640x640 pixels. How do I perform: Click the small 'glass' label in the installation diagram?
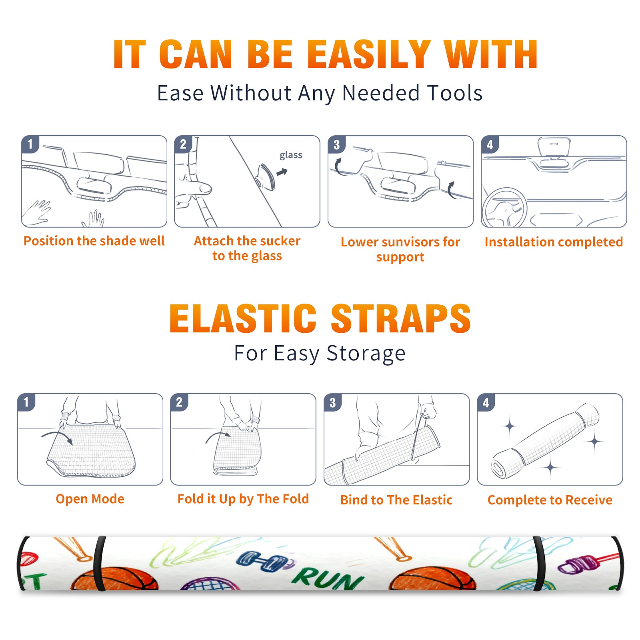pyautogui.click(x=291, y=155)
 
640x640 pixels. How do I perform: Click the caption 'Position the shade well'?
pyautogui.click(x=94, y=241)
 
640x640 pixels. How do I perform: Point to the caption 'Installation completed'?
pyautogui.click(x=554, y=242)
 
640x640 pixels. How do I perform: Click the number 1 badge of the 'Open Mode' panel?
pyautogui.click(x=26, y=402)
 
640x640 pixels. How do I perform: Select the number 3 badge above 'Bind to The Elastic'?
pyautogui.click(x=333, y=402)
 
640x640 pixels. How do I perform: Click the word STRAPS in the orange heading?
pyautogui.click(x=401, y=318)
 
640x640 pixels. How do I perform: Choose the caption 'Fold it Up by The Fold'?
pyautogui.click(x=243, y=499)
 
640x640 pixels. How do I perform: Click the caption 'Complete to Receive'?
pyautogui.click(x=550, y=500)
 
